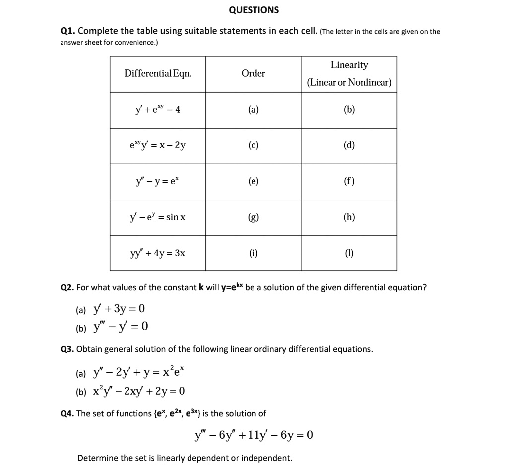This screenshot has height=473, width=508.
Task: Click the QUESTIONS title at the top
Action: click(254, 10)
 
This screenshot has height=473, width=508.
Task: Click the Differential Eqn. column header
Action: click(158, 73)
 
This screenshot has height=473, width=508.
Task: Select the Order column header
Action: click(253, 73)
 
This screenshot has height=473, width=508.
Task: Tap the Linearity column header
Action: click(349, 65)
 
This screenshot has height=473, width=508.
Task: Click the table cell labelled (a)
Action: click(253, 110)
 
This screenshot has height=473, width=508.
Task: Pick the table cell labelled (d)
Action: click(349, 145)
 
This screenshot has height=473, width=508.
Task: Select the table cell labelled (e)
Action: click(253, 181)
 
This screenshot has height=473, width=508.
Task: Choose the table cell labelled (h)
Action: click(349, 217)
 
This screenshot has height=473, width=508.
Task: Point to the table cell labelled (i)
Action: click(253, 253)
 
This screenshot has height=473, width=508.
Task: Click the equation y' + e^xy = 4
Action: click(158, 110)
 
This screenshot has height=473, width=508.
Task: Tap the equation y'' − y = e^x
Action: click(158, 181)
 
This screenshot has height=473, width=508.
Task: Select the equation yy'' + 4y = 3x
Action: click(158, 253)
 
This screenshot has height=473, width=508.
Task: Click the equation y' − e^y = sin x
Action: click(158, 217)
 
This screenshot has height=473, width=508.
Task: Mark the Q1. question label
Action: click(67, 31)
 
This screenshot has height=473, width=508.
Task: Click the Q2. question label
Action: click(67, 288)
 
